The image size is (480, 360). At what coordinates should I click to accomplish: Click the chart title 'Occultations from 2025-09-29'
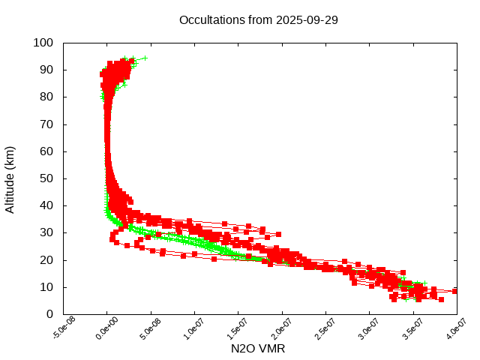tap(258, 19)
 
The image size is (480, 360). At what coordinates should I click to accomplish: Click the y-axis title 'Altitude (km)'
tap(10, 179)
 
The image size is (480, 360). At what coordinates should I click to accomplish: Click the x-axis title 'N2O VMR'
tap(258, 349)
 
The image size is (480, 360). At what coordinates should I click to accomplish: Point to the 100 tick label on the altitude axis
tap(43, 43)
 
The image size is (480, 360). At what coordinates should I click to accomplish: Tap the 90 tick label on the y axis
tap(46, 70)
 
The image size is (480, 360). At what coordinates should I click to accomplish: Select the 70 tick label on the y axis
tap(46, 124)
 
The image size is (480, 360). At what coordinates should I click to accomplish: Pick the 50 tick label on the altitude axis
tap(46, 178)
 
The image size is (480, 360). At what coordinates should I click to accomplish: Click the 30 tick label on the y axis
tap(46, 232)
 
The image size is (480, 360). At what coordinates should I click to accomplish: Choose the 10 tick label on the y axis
tap(46, 286)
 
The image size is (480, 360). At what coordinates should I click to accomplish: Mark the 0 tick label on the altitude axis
tap(49, 313)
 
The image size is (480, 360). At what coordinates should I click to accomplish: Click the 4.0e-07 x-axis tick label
tap(455, 329)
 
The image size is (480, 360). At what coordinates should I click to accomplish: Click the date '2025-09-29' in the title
tap(308, 19)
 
